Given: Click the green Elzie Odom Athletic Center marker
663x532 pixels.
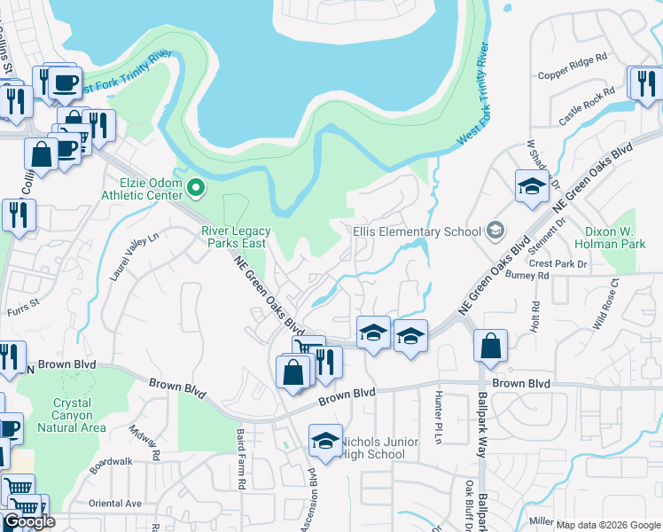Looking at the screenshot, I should pos(196,186).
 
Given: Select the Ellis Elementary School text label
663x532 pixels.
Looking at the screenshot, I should pos(416,231).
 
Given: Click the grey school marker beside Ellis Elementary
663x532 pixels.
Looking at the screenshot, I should pos(495,231).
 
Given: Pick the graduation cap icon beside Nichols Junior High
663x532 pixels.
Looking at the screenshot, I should pos(325,441).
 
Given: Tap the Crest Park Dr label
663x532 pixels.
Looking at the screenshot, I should pos(558,264).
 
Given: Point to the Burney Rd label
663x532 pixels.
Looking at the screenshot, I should pos(530,276).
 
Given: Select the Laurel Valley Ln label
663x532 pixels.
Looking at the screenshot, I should pos(133,258).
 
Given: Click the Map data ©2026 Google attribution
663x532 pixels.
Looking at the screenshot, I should pos(608,525).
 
